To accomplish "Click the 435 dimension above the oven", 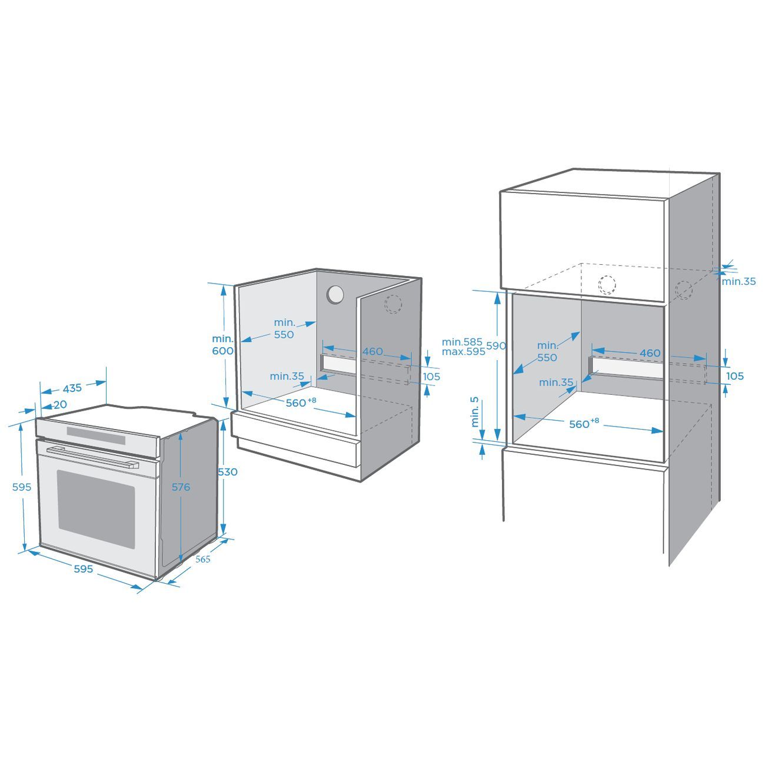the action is (72, 388).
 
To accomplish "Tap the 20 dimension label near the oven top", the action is (60, 404).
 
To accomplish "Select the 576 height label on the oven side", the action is (181, 487).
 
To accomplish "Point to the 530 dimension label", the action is (228, 472).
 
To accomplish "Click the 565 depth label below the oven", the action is (203, 560).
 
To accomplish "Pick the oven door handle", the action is (92, 457).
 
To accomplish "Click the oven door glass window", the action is (96, 510).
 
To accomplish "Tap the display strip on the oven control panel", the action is (96, 435).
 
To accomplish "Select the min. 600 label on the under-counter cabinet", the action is (222, 345).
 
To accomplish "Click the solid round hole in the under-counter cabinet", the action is (335, 295).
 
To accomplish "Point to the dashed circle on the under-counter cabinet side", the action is (393, 304).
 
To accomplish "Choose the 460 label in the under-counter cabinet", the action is (372, 351).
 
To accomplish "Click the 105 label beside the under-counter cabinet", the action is (431, 377).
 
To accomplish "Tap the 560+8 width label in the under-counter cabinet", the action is (301, 403).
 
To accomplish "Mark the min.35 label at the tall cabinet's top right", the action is (739, 281).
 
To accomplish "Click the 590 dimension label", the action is (496, 346).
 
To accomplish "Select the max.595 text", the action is (464, 352).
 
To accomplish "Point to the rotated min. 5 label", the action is (475, 412).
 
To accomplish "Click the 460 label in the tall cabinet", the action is (650, 353).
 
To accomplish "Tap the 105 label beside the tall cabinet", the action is (735, 376).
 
